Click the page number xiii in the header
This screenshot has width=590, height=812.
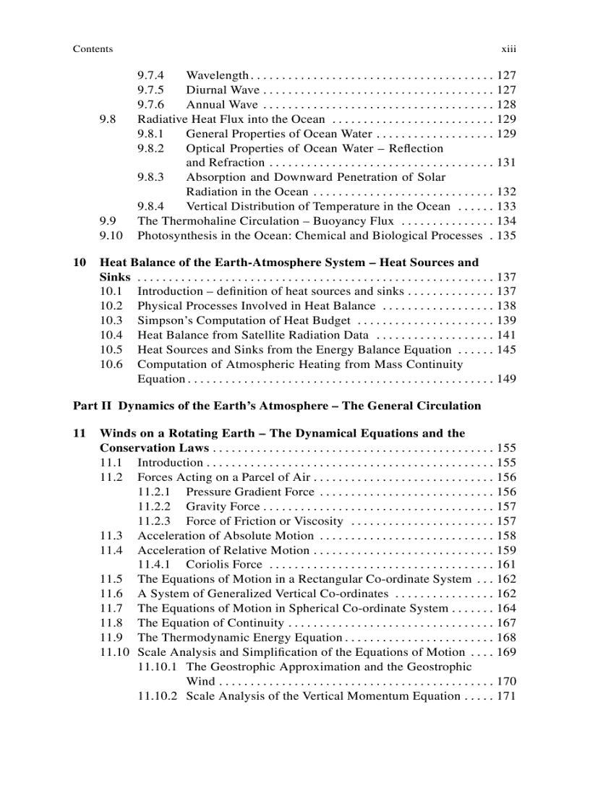pyautogui.click(x=508, y=49)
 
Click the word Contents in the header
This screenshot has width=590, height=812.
pyautogui.click(x=93, y=49)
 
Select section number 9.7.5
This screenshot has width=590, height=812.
pyautogui.click(x=150, y=90)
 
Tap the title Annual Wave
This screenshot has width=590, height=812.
pyautogui.click(x=222, y=105)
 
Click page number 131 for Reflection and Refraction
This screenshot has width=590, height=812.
pyautogui.click(x=506, y=163)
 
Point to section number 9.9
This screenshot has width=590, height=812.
pyautogui.click(x=108, y=221)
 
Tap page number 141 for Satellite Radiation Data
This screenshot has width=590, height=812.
pyautogui.click(x=506, y=335)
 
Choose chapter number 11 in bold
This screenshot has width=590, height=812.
pyautogui.click(x=80, y=433)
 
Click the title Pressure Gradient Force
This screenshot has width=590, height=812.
pyautogui.click(x=250, y=492)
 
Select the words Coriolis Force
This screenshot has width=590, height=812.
pyautogui.click(x=224, y=565)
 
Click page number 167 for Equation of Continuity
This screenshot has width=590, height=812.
pyautogui.click(x=506, y=623)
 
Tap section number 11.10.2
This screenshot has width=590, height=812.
pyautogui.click(x=157, y=696)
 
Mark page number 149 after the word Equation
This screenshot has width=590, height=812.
pyautogui.click(x=506, y=379)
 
